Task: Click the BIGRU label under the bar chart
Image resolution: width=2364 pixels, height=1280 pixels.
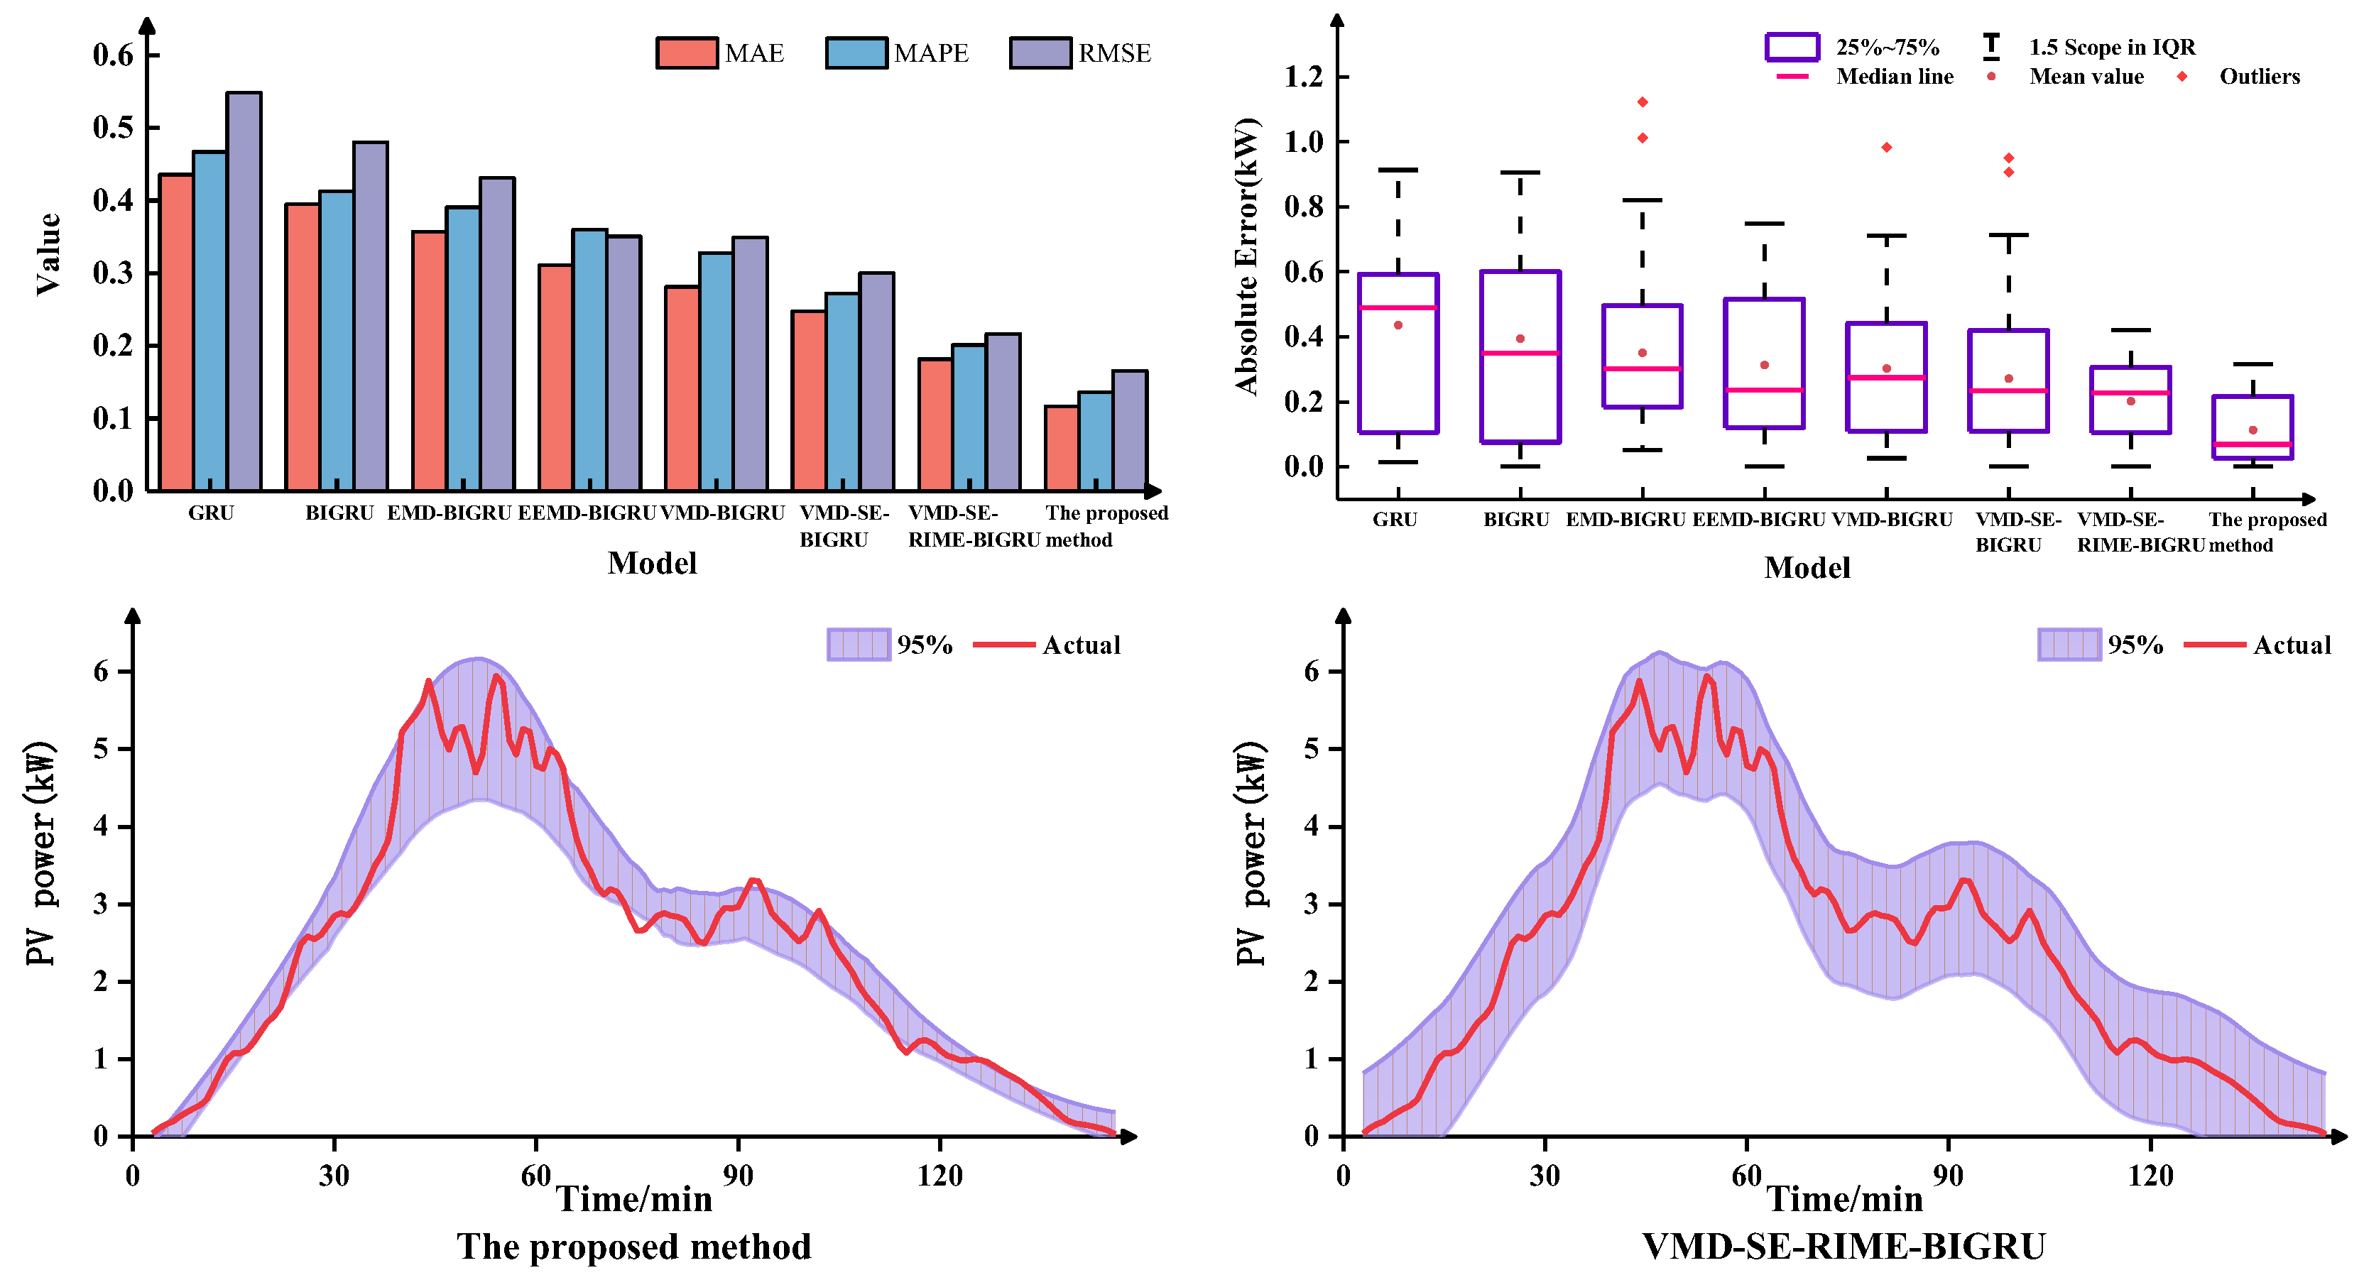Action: tap(339, 513)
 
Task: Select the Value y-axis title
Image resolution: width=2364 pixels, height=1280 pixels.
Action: tap(48, 254)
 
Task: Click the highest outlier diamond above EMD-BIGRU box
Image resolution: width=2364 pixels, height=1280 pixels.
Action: tap(1643, 102)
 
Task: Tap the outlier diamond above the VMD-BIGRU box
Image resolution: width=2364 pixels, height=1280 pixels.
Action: tap(1887, 148)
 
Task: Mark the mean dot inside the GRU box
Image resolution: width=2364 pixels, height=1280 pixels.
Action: tap(1398, 325)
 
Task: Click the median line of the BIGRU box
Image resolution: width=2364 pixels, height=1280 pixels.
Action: tap(1520, 352)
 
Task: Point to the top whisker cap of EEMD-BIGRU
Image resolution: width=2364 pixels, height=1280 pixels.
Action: tap(1764, 223)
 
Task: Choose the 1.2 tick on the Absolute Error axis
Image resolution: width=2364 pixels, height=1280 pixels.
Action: tap(1303, 77)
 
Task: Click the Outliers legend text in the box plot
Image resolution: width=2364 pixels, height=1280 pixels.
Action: tap(2260, 77)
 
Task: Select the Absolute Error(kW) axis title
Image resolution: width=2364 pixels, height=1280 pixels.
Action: tap(1246, 257)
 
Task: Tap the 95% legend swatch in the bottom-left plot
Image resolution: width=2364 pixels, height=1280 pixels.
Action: tap(858, 644)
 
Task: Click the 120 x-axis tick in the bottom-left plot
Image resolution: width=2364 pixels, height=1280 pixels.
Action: tap(939, 1176)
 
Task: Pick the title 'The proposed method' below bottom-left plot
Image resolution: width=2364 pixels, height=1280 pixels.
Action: tap(634, 1247)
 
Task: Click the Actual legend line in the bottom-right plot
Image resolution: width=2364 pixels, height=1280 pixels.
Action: tap(2214, 645)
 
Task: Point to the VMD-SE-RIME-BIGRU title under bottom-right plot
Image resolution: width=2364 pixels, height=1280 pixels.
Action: tap(1843, 1247)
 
